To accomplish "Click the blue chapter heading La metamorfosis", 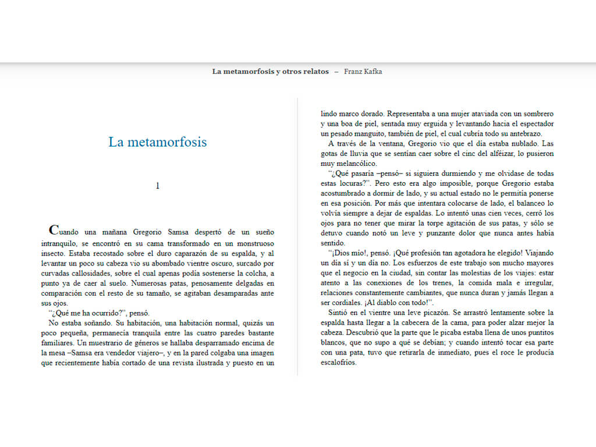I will [x=157, y=142].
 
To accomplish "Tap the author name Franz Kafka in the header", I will [x=363, y=72].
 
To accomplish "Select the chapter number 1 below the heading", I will [x=157, y=186].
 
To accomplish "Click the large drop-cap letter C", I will [x=54, y=230].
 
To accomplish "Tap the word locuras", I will [x=357, y=183].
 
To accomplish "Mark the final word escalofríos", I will [x=338, y=362].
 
